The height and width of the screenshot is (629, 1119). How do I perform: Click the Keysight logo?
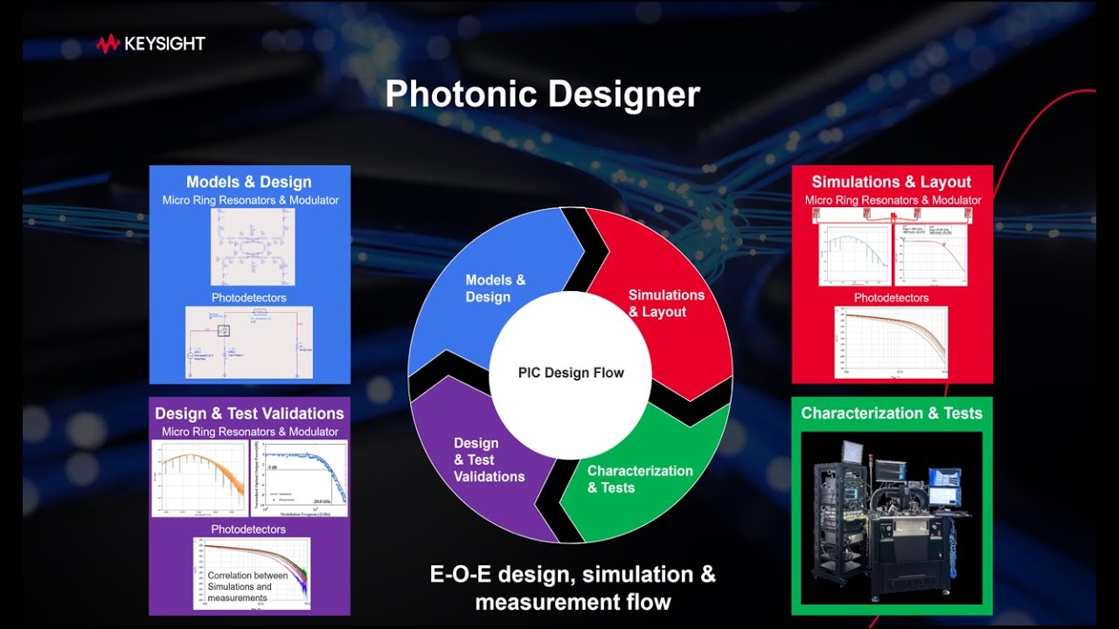[150, 44]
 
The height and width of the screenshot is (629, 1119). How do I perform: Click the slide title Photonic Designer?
[542, 94]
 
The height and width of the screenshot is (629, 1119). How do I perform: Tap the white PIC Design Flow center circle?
[571, 373]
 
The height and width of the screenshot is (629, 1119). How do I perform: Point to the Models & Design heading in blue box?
[249, 182]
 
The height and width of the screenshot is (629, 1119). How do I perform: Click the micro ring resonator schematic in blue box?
[253, 247]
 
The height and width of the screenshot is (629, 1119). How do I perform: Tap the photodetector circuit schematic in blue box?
[249, 342]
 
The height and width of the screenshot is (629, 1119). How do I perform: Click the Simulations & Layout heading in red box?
[891, 182]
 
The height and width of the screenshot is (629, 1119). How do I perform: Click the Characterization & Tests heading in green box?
[892, 413]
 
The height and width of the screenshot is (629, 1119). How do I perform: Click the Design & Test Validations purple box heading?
[249, 413]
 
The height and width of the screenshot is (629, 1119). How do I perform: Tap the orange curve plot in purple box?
[199, 479]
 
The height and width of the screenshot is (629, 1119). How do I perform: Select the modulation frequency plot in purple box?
[300, 479]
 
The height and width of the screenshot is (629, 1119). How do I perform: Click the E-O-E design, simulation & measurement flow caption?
[573, 588]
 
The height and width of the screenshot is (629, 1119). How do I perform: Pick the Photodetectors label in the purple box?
[248, 529]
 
